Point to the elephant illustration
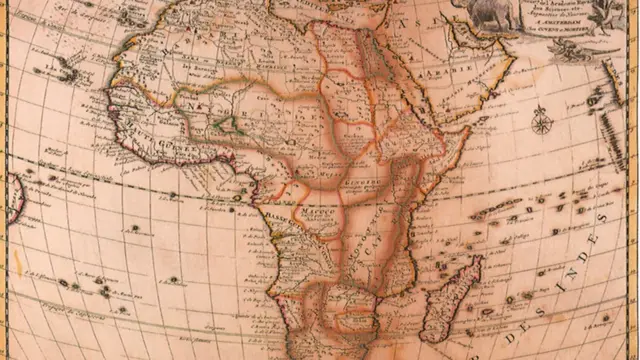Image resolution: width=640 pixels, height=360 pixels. (x=482, y=12)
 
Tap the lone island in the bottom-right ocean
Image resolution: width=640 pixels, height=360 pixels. (x=604, y=319)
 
